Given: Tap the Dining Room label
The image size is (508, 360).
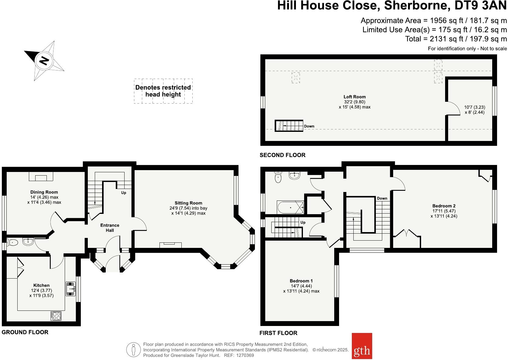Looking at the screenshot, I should [x=44, y=192].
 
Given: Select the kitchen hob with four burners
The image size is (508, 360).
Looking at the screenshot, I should [x=56, y=316].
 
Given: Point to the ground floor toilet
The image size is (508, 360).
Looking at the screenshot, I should [x=12, y=242].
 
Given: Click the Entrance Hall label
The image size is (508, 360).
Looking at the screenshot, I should [x=110, y=228].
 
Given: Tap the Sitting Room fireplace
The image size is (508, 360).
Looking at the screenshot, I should [x=171, y=244].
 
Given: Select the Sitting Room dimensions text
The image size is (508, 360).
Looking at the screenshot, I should [x=188, y=211].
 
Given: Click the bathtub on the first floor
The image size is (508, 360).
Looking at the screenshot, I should [x=290, y=207].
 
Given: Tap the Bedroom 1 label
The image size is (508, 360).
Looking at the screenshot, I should [x=301, y=281].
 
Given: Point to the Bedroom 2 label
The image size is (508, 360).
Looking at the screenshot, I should [x=444, y=206].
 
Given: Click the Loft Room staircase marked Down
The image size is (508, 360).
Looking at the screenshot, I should [x=289, y=126].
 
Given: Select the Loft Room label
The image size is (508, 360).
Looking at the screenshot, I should [x=355, y=97].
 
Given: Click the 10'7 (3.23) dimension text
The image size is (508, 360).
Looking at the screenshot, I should [x=474, y=107].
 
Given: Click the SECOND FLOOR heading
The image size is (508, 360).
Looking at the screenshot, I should [x=282, y=155].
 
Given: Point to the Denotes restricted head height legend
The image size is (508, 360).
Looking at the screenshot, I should [x=163, y=91].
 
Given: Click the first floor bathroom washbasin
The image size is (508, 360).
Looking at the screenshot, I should [x=295, y=175].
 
